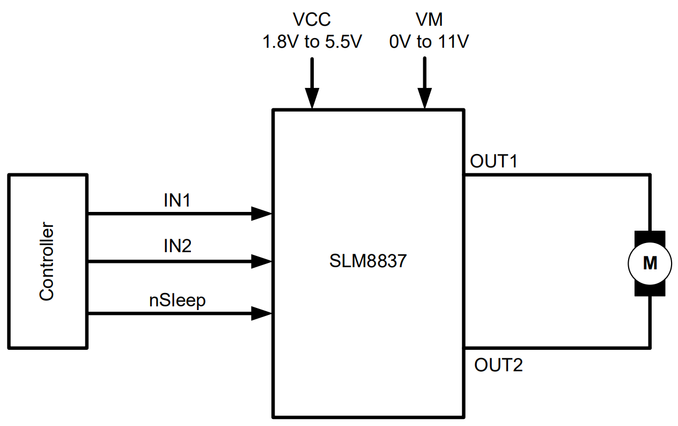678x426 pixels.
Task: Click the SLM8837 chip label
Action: click(x=368, y=262)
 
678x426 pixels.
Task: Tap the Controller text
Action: click(x=47, y=261)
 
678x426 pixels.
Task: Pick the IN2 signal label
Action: click(x=178, y=246)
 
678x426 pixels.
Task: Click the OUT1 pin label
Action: click(x=493, y=160)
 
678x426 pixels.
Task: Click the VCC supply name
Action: click(x=312, y=20)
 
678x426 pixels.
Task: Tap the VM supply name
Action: click(x=429, y=20)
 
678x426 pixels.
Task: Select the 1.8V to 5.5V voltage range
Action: click(x=312, y=42)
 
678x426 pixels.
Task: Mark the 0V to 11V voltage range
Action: click(x=429, y=42)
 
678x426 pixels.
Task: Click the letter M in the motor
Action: click(x=650, y=263)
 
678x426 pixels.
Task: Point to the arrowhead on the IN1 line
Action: click(x=262, y=214)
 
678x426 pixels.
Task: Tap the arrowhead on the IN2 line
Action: click(x=262, y=262)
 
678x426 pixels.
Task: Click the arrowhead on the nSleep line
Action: click(x=262, y=313)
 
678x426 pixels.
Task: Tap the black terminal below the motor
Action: click(x=650, y=290)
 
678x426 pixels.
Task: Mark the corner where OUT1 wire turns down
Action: click(x=650, y=175)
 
